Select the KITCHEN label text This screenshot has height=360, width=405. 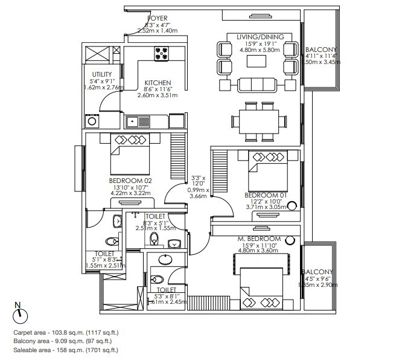click(x=158, y=83)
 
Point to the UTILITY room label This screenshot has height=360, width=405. click(x=101, y=74)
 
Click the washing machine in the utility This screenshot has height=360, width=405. click(x=93, y=121)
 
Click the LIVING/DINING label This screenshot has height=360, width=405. click(x=260, y=37)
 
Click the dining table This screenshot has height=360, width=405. click(x=260, y=120)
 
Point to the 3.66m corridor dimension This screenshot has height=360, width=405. click(x=198, y=196)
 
